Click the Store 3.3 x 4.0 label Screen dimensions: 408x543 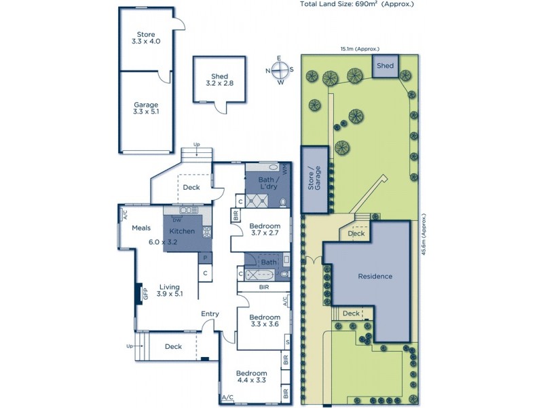tap(146, 38)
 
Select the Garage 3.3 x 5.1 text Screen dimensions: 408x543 tap(146, 109)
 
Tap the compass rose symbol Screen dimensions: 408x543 tap(280, 70)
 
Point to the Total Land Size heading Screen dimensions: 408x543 tap(356, 4)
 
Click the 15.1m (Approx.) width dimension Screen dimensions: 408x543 tap(360, 49)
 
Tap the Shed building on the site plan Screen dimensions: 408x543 tap(385, 66)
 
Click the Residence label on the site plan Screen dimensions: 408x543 tap(375, 277)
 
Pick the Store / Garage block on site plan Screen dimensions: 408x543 tap(314, 180)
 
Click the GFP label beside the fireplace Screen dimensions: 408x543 tap(145, 294)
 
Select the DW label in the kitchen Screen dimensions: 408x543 tap(176, 220)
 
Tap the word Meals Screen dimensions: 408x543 tap(141, 228)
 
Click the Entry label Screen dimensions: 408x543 tap(210, 313)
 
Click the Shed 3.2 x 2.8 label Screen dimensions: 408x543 tap(219, 80)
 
